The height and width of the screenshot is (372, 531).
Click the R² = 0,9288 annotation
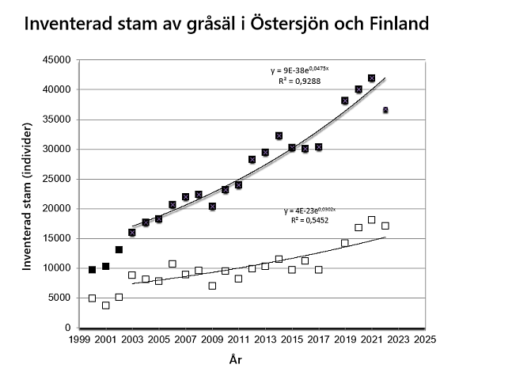(297, 82)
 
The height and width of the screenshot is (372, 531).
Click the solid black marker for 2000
(93, 270)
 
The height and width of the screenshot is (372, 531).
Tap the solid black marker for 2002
(119, 249)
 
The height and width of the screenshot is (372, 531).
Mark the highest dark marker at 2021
(371, 78)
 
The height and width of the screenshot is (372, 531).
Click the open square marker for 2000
(93, 298)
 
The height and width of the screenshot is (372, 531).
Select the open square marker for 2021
(371, 219)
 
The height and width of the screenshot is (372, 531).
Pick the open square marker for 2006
(172, 264)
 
